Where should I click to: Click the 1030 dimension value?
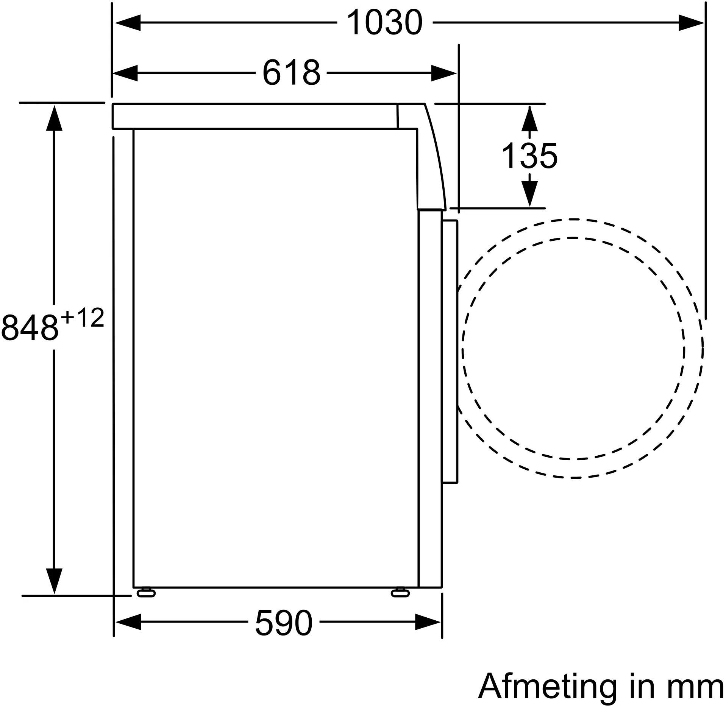pos(384,23)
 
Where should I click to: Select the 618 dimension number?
pos(291,73)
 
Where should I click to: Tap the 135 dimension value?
pos(529,156)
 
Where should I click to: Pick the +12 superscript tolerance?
pos(82,318)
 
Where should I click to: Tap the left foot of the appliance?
pos(146,593)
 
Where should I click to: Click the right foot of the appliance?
pos(400,593)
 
